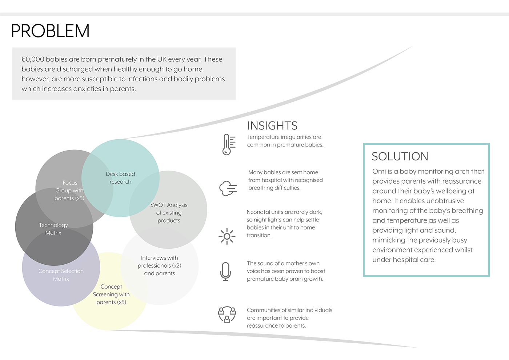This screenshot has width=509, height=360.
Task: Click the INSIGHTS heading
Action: [272, 126]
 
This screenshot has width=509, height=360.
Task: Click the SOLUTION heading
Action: [400, 157]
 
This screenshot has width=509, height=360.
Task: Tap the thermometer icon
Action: [228, 144]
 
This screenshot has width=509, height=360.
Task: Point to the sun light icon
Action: [227, 236]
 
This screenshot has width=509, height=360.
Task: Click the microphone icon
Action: [226, 271]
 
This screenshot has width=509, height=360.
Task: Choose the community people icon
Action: [227, 315]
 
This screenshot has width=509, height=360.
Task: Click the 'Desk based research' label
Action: [120, 178]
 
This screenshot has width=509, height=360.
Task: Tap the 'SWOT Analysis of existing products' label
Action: [169, 213]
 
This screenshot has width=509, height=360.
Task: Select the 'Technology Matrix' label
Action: [53, 229]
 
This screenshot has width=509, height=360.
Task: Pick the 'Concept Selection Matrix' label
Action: [61, 275]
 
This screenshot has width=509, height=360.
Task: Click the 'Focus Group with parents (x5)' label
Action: [69, 191]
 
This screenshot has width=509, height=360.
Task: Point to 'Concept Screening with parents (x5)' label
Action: [111, 295]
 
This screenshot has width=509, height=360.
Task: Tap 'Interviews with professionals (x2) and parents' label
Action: [160, 265]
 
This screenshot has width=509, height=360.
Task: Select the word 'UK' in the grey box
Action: [162, 59]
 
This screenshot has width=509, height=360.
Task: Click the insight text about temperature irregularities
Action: [285, 141]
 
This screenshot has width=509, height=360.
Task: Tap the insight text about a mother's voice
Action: [286, 271]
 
